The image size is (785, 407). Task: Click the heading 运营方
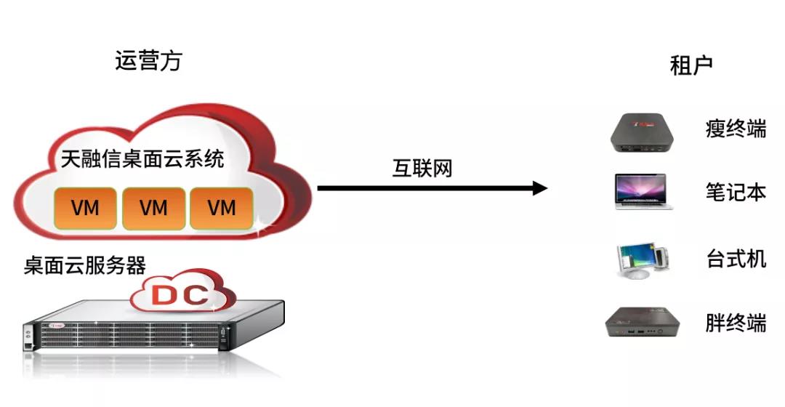(148, 60)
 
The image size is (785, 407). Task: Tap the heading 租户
(691, 65)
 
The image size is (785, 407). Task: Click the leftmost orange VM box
(85, 208)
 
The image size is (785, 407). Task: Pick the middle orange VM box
(153, 208)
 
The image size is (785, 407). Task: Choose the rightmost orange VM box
(222, 208)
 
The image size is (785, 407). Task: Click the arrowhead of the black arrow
(539, 188)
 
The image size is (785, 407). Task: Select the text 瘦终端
(736, 129)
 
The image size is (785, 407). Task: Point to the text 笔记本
(736, 192)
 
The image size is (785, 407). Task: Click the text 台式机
(736, 258)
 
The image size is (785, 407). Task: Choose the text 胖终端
(736, 323)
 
